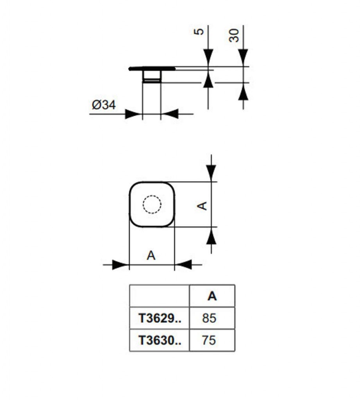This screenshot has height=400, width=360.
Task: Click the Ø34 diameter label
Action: point(104,105)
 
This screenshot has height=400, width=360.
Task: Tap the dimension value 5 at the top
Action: point(199,31)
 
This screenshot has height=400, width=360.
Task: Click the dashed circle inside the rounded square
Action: point(152,204)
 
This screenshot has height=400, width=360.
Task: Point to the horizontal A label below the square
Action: point(151,256)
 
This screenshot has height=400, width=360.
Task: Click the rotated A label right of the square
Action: point(202,205)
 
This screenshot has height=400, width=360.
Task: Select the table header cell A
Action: point(212,296)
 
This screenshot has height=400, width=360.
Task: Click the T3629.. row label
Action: point(159,318)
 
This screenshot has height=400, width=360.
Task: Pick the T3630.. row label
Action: point(159,340)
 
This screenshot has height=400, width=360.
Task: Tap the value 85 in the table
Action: point(209,318)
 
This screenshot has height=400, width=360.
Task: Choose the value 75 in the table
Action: point(209,340)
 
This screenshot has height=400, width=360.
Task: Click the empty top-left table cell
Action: point(159,296)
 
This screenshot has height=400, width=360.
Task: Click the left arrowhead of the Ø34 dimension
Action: point(133,114)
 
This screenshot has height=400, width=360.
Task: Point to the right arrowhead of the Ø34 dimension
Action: point(170,114)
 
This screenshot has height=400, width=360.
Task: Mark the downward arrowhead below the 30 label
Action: point(243,57)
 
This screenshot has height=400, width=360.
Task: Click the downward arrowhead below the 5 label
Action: point(208,57)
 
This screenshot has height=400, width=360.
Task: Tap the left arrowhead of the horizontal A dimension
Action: point(120,265)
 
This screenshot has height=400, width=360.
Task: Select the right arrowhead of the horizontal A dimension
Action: point(183,265)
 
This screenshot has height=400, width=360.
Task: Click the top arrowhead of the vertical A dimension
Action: point(211,172)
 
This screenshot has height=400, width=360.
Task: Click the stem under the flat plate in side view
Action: point(152,77)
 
